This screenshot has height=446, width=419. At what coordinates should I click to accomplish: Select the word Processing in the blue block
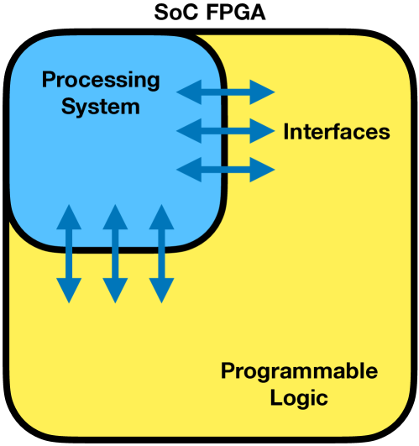pos(101,81)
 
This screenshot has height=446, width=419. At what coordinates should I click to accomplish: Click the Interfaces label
pos(337,132)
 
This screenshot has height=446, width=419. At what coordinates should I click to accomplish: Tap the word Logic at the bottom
pos(299,396)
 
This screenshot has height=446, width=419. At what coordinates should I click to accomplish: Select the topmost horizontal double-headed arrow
pos(227,91)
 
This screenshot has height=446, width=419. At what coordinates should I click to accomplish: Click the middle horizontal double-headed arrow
pos(227,130)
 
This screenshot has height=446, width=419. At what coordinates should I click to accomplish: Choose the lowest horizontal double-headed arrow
pos(227,169)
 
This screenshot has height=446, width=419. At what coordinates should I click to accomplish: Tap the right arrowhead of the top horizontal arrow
pos(264,91)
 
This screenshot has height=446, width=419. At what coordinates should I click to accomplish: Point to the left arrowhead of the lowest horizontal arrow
pos(189,169)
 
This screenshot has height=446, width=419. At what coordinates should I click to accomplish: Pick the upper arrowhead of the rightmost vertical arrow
pos(160,217)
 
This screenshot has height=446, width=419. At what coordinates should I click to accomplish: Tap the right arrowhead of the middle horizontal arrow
pos(264,130)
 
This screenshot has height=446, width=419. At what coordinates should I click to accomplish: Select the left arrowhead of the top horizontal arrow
pos(189,91)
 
